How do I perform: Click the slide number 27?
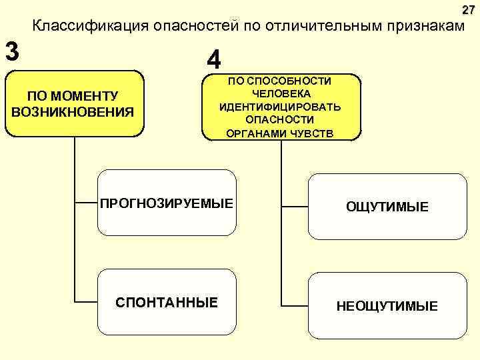468,10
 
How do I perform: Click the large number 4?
214,60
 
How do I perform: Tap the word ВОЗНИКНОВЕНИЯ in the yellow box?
73,110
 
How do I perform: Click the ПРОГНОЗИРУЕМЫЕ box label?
167,202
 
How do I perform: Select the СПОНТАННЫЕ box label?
167,303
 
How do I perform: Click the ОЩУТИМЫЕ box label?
387,207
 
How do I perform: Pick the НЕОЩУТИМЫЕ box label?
387,307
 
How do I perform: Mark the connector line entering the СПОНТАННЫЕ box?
87,301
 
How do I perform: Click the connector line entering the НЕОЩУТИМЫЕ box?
295,305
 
